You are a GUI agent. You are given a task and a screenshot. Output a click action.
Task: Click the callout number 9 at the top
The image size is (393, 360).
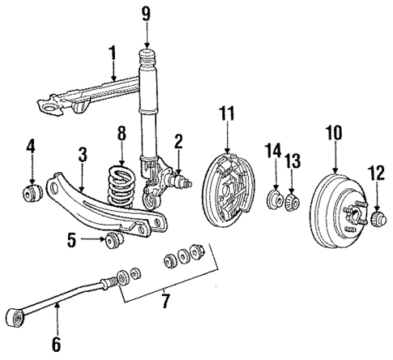tap(146, 13)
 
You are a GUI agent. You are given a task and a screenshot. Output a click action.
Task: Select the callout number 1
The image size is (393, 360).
tap(114, 54)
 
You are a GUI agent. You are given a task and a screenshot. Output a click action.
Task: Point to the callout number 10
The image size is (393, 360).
tap(334, 132)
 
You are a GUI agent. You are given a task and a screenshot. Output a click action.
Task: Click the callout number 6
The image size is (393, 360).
tap(56, 344)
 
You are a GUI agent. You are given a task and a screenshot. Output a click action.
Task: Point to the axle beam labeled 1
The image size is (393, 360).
tap(81, 97)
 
